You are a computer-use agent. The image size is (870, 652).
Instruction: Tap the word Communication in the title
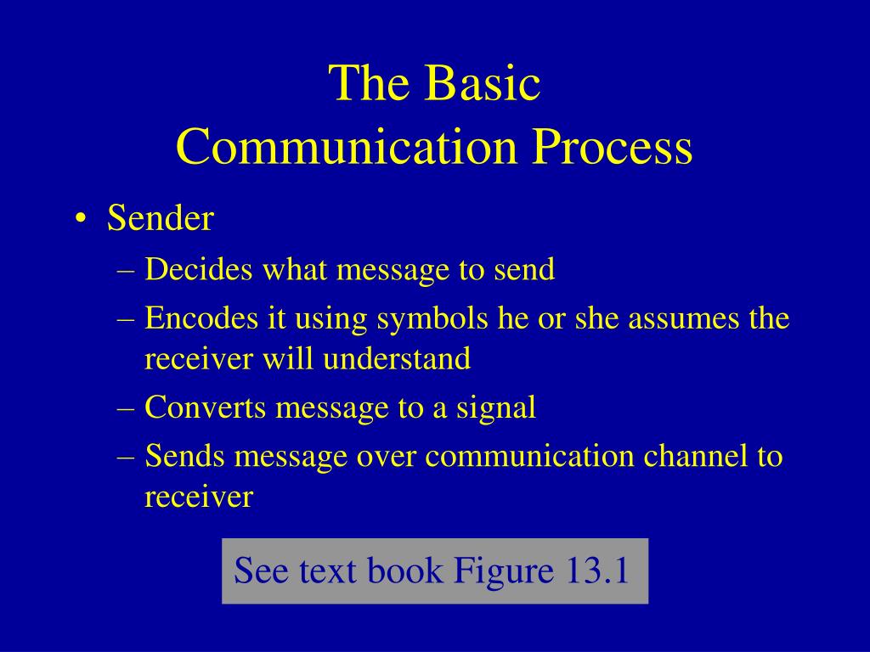(x=347, y=146)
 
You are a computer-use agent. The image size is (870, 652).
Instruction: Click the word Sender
(x=161, y=217)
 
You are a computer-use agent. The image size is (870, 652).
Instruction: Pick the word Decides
(x=199, y=269)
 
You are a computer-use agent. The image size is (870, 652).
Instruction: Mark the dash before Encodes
(x=127, y=320)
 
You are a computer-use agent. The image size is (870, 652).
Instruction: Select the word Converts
(x=206, y=407)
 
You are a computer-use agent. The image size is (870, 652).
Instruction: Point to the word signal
(x=496, y=408)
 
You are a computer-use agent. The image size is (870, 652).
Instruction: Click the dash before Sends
(x=127, y=458)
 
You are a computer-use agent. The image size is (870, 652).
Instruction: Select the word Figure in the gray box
(x=503, y=571)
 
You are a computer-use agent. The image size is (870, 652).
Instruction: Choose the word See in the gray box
(x=260, y=570)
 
